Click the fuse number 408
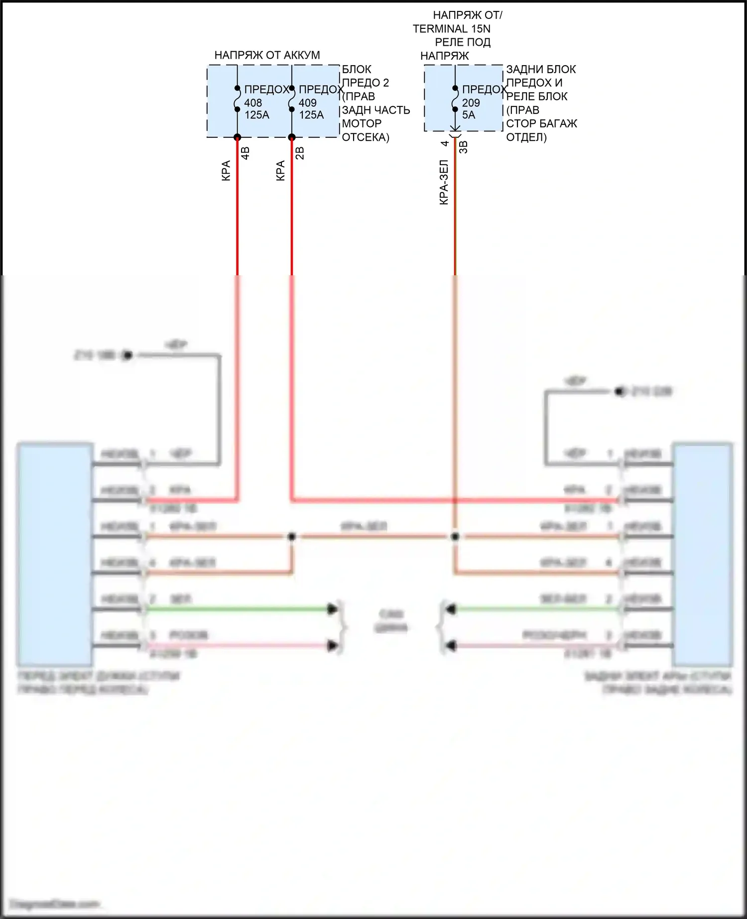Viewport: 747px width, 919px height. tap(253, 103)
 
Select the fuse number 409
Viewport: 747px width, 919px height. tap(308, 103)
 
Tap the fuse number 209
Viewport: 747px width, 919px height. tap(471, 103)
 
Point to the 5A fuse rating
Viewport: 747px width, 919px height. tap(469, 115)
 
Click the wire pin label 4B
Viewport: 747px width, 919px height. tap(246, 153)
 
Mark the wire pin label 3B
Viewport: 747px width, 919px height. tap(463, 147)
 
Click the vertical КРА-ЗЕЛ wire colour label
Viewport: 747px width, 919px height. tap(444, 182)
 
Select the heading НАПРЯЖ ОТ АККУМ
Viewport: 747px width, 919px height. tap(267, 55)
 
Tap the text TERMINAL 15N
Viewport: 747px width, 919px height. tap(451, 29)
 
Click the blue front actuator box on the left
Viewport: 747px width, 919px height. tap(55, 554)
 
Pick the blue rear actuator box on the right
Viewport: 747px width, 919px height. tap(703, 554)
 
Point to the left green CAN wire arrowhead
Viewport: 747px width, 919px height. tap(332, 609)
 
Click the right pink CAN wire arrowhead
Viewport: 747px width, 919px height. tap(450, 646)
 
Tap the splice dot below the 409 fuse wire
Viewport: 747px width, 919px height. tap(292, 537)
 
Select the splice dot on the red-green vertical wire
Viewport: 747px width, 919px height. tap(455, 537)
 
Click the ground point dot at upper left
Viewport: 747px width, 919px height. tap(127, 355)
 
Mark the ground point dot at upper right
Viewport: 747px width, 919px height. tap(620, 392)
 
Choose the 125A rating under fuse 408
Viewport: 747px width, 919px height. tap(257, 115)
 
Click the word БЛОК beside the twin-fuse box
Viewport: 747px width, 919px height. tap(357, 69)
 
